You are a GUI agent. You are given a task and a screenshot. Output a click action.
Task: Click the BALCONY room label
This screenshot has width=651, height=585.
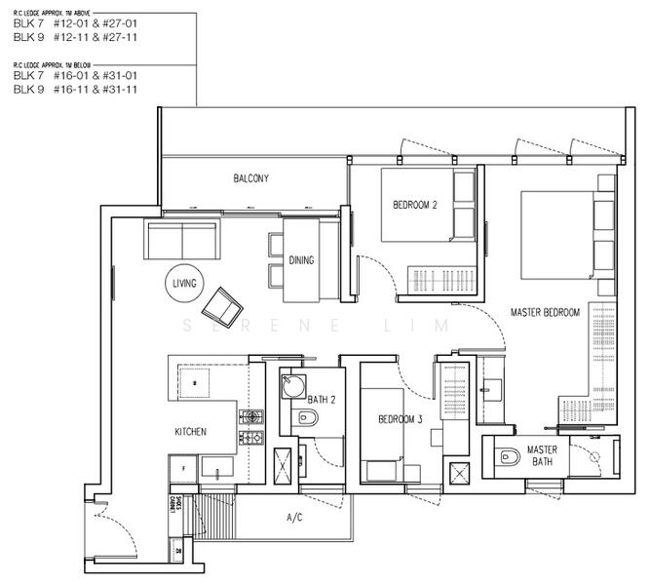point(250,178)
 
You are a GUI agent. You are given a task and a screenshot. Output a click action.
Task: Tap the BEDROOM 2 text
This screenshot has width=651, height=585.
point(415,205)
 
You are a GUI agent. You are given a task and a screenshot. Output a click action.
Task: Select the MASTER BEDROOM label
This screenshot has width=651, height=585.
point(545,312)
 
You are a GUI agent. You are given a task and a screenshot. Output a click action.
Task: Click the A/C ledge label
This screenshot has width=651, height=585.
point(294,518)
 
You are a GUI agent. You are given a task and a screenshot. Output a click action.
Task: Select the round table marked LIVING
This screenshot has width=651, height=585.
point(184,284)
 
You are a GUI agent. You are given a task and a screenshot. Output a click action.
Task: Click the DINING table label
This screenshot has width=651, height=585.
point(302,260)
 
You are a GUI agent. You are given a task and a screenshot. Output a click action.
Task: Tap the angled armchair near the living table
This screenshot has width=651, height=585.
point(223,308)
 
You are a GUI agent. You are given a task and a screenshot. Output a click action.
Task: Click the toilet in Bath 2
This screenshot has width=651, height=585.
point(306,419)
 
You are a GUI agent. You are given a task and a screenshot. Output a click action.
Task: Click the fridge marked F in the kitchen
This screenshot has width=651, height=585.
point(183,468)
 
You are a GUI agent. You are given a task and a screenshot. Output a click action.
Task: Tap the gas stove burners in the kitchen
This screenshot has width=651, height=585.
point(252,428)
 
